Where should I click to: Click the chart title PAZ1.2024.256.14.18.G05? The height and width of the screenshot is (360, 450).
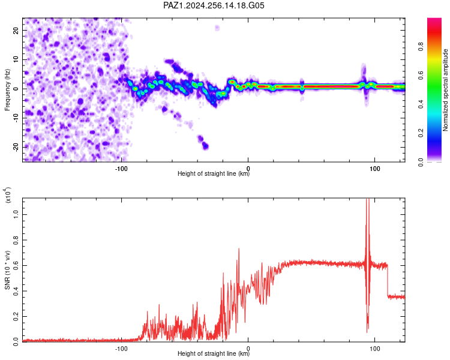(214, 5)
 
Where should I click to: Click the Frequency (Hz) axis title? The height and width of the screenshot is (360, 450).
(7, 90)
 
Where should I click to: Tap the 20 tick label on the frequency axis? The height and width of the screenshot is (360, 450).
(16, 31)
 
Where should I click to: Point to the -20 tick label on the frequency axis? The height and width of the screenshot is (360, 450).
(16, 147)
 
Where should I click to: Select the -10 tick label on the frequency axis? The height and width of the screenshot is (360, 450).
(16, 118)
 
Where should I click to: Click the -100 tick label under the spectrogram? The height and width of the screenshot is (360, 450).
(121, 169)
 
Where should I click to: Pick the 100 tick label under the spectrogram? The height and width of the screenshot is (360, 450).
(375, 169)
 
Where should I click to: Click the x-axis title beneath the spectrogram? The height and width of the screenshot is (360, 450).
(214, 173)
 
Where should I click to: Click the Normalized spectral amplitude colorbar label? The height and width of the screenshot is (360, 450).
(445, 90)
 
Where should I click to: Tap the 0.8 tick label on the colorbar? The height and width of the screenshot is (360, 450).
(421, 46)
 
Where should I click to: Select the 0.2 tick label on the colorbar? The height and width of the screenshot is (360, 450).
(421, 133)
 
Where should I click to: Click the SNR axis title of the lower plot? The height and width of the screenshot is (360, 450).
(7, 270)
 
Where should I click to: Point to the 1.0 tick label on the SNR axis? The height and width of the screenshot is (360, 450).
(16, 214)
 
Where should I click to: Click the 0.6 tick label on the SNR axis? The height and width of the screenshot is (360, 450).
(16, 266)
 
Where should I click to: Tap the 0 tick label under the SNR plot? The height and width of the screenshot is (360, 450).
(248, 349)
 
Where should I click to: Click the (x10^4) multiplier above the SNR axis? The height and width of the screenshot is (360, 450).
(7, 195)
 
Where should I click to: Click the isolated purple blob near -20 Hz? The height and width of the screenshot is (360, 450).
(205, 146)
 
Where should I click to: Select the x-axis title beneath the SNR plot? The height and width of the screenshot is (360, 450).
(214, 353)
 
